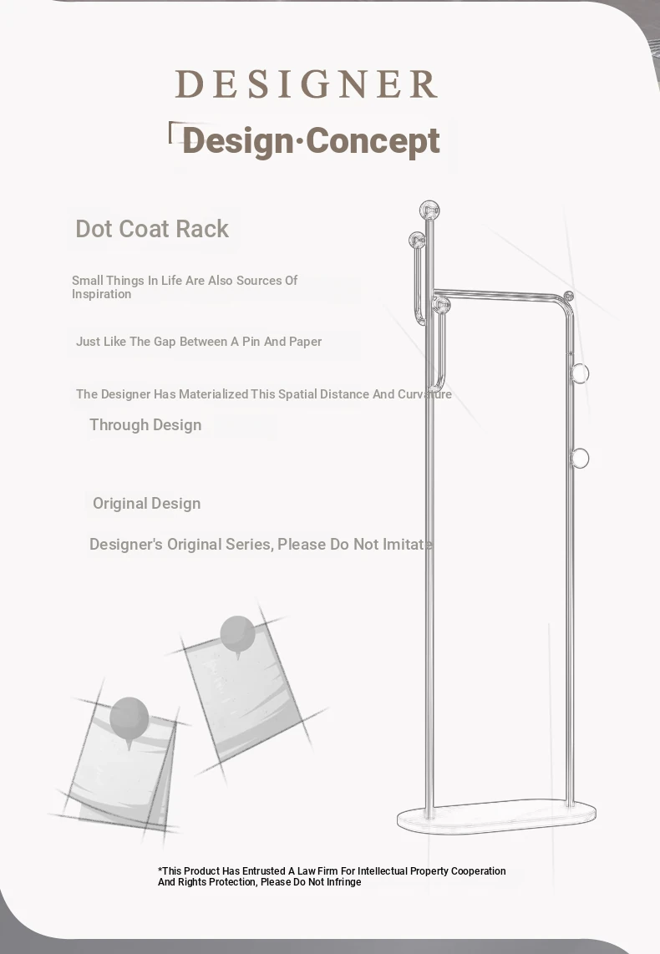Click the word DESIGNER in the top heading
click(306, 84)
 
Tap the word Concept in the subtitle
click(373, 140)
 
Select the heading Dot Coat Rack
click(152, 229)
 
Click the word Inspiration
click(102, 294)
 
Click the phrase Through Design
click(145, 424)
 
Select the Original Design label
click(146, 503)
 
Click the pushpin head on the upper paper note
click(237, 634)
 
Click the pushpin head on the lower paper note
click(129, 718)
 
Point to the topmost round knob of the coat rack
click(429, 211)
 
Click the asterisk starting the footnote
click(160, 870)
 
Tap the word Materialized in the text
click(214, 393)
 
